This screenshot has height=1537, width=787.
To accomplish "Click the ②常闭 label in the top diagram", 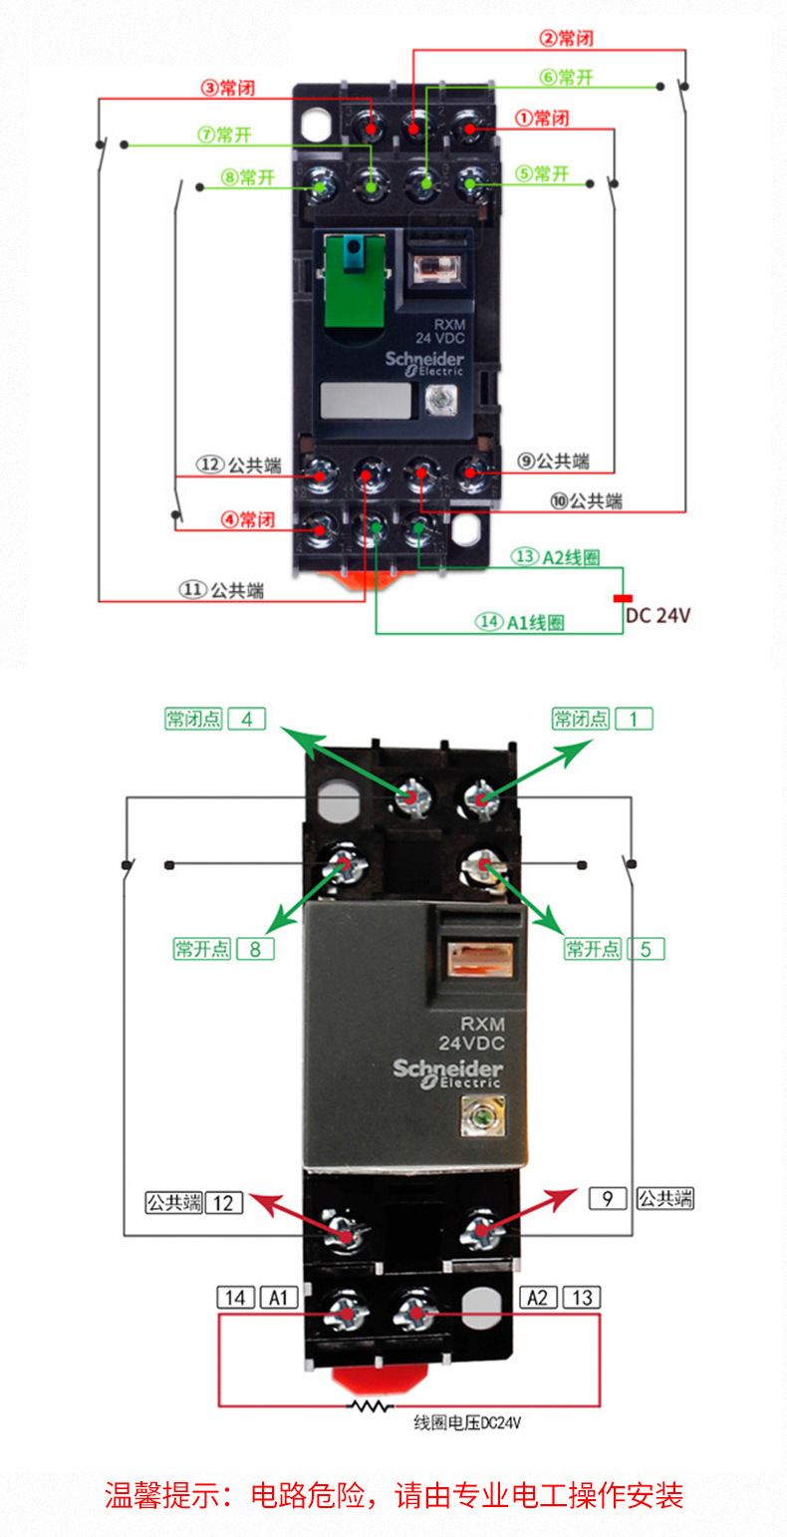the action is [x=566, y=38].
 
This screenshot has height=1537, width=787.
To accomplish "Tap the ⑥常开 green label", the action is [x=566, y=77].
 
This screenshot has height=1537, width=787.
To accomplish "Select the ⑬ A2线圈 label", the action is [x=555, y=556].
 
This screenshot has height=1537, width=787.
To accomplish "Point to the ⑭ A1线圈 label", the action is [x=520, y=622].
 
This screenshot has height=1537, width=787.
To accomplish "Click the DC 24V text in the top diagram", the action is [x=657, y=615].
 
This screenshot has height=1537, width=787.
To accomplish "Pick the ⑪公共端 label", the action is [x=221, y=589].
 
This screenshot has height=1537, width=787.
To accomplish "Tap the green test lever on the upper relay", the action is [x=355, y=281].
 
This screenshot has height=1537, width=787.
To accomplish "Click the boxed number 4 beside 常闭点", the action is [x=247, y=719].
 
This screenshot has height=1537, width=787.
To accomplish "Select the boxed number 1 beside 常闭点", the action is [x=635, y=719].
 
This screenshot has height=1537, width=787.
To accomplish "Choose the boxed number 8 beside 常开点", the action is [x=255, y=949].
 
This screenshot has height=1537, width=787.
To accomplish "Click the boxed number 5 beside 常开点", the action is [x=646, y=949].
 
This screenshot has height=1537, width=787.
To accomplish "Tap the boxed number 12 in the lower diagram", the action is [x=224, y=1203].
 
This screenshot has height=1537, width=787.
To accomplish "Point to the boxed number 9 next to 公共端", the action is [x=608, y=1199].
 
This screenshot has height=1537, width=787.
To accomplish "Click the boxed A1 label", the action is [x=279, y=1298].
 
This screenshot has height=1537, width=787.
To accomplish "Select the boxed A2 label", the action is [x=538, y=1298].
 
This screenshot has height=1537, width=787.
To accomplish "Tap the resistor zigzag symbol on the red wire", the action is [x=371, y=1406].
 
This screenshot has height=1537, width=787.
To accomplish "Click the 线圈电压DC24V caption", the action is [x=467, y=1422].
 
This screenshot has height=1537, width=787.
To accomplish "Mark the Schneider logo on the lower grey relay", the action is [x=447, y=1072].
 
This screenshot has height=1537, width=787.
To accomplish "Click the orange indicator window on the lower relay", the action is [x=480, y=959].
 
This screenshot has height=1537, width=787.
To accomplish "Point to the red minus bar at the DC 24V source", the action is [x=623, y=598].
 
